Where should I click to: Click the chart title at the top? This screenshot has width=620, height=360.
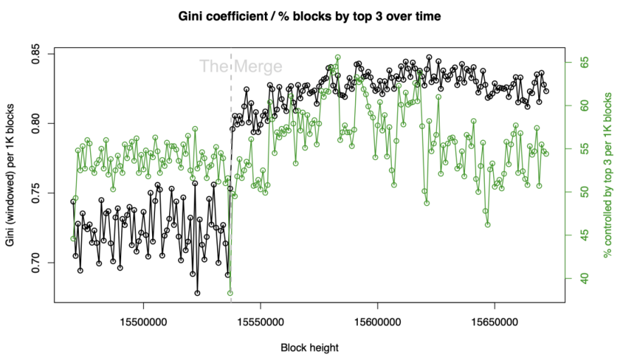pos(309,16)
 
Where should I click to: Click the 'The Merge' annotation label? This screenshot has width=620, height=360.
pos(240,67)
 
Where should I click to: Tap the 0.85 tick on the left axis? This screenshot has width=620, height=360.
pos(36,54)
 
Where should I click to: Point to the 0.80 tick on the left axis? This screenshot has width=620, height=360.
pos(36,124)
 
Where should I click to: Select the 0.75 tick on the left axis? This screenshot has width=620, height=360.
pos(36,193)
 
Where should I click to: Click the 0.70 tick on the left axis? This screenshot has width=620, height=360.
pos(36,263)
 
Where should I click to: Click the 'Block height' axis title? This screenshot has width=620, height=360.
pos(310,347)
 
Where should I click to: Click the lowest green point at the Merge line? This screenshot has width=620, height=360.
pos(230,293)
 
